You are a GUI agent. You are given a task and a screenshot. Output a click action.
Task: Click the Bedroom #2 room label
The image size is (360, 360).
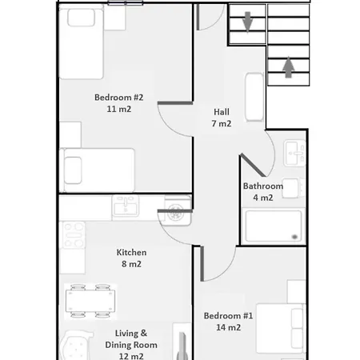[119, 98]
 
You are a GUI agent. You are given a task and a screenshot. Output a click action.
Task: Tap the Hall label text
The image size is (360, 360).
[222, 112]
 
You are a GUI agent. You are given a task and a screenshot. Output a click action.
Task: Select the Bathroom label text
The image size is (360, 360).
[263, 186]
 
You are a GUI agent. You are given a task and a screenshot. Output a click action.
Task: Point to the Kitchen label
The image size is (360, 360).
[131, 252]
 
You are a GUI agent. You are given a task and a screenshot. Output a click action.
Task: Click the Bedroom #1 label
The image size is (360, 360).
[228, 316]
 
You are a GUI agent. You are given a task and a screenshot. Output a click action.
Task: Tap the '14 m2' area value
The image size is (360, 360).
[229, 327]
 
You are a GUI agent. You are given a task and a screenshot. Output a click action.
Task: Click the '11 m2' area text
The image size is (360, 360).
[119, 109]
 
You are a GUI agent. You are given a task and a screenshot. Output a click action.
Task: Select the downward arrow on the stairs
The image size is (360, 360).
[248, 22]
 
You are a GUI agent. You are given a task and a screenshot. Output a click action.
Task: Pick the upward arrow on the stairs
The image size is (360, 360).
[288, 67]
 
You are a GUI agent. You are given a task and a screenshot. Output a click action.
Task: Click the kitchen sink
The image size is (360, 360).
[126, 206]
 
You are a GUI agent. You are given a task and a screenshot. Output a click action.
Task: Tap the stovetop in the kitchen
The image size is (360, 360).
[74, 235]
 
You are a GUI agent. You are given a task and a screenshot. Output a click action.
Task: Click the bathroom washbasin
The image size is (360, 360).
[294, 153]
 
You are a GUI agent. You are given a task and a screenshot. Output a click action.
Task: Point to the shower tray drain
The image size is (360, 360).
[294, 237]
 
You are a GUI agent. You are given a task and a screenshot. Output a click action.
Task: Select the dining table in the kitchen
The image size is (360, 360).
[90, 301]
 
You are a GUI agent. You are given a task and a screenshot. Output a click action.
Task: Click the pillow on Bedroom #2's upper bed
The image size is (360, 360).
[81, 18]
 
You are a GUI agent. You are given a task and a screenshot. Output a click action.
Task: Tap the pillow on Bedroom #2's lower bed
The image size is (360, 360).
[73, 170]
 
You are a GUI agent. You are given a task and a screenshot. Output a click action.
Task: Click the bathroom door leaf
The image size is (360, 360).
[253, 165]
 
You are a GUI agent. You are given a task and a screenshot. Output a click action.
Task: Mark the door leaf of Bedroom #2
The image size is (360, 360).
[175, 103]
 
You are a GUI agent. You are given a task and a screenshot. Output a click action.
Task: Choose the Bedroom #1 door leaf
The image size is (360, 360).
[202, 264]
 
